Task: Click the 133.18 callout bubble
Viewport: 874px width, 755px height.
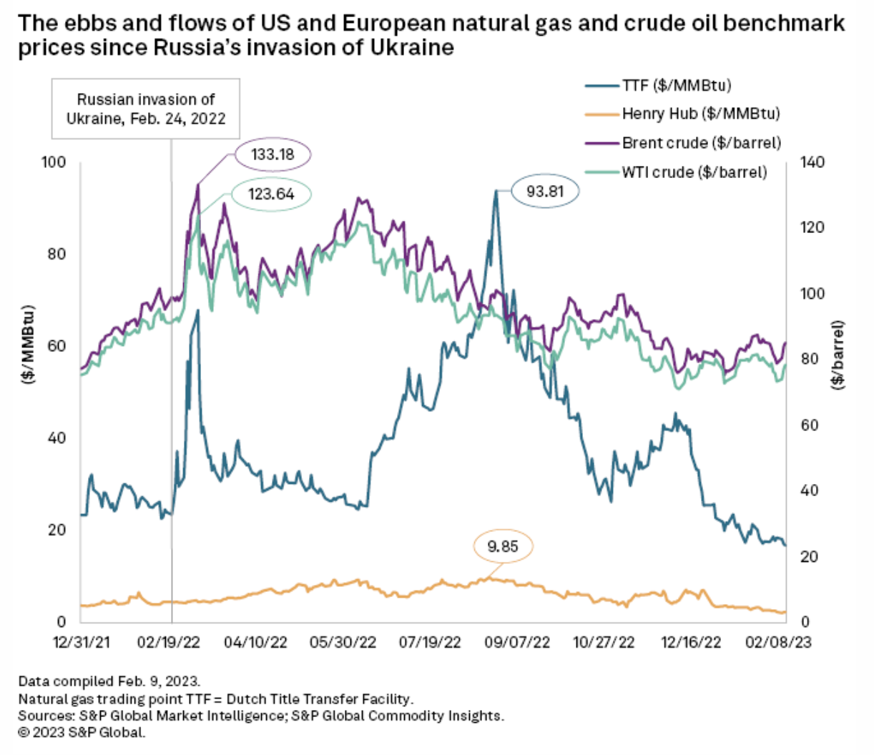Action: click(272, 154)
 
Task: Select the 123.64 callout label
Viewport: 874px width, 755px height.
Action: click(271, 194)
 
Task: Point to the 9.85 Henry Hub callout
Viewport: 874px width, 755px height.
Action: click(503, 547)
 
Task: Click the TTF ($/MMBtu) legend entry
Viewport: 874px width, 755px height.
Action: click(675, 86)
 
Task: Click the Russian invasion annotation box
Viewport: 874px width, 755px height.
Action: click(146, 109)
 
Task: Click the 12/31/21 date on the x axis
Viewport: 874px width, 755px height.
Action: click(82, 642)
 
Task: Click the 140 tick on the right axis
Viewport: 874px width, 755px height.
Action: click(811, 162)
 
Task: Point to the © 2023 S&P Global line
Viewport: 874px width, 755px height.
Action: click(82, 732)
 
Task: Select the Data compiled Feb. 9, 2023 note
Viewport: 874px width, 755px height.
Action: click(109, 681)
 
